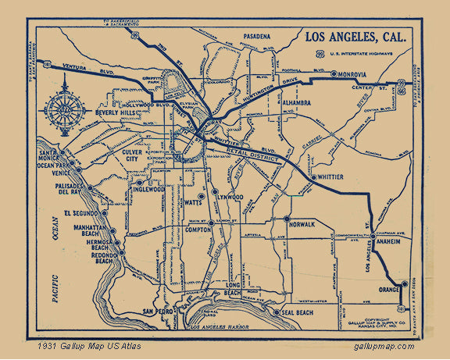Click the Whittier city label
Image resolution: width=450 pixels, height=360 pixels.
(x=331, y=177)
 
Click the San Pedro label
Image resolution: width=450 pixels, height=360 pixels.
(x=159, y=312)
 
